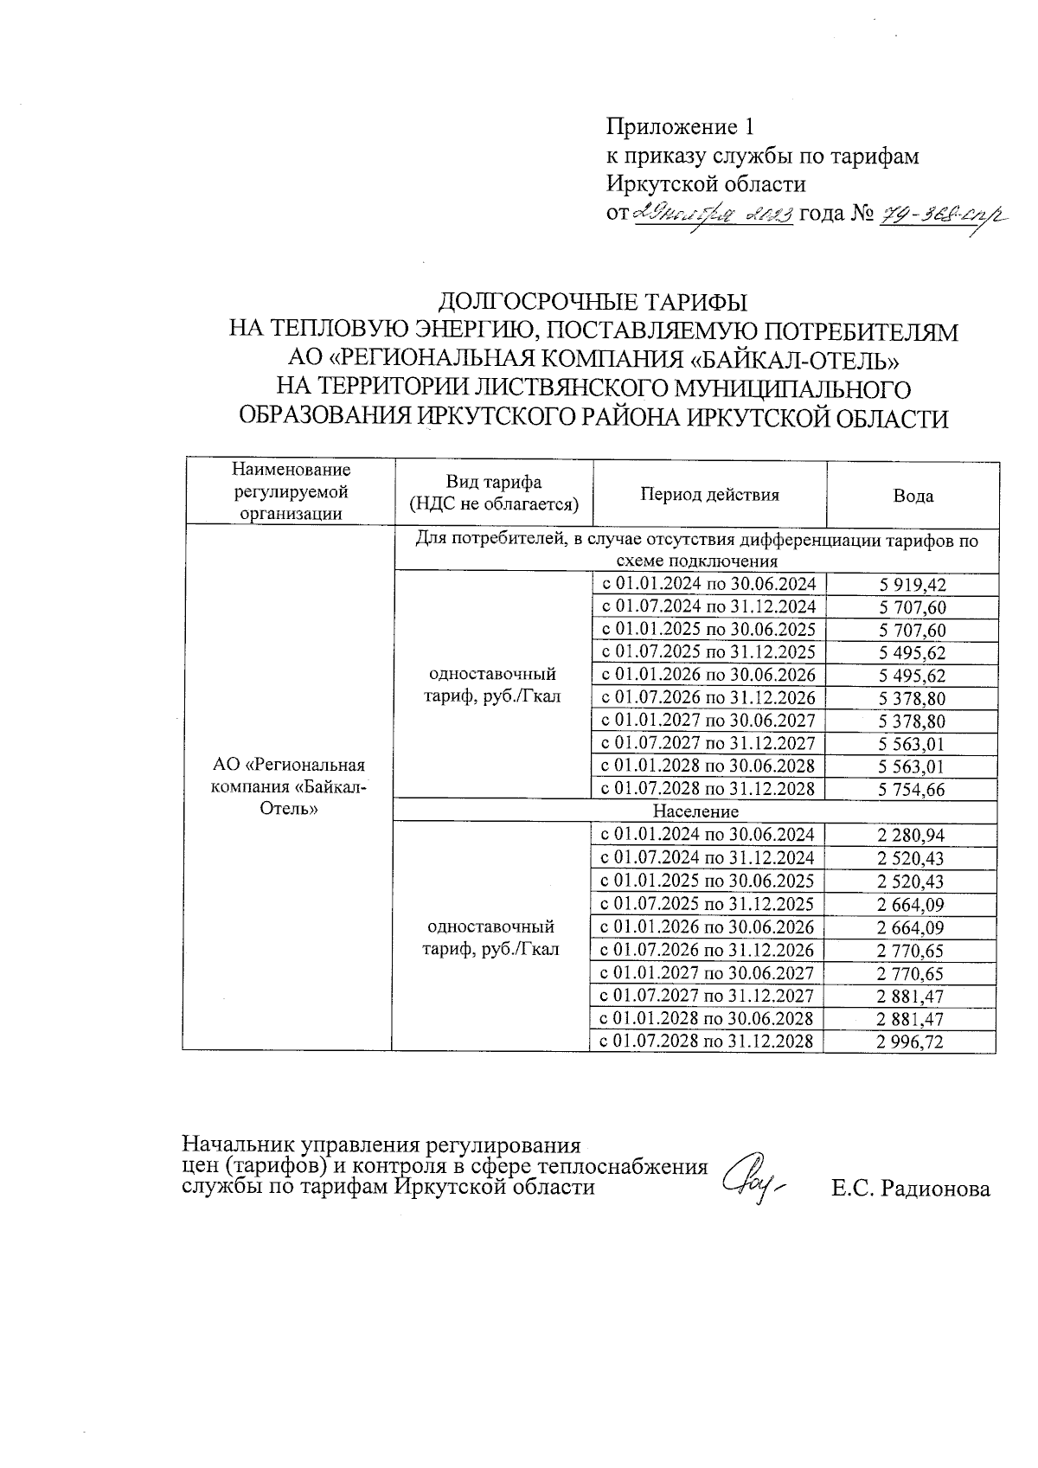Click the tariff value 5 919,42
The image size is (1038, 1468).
pyautogui.click(x=912, y=585)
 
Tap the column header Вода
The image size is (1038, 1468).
pyautogui.click(x=913, y=496)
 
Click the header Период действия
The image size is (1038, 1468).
pyautogui.click(x=709, y=495)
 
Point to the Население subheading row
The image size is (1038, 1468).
pyautogui.click(x=695, y=811)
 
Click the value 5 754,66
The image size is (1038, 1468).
pyautogui.click(x=912, y=789)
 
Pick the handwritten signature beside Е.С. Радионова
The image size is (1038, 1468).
pyautogui.click(x=753, y=1177)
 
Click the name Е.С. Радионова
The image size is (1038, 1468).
pyautogui.click(x=911, y=1189)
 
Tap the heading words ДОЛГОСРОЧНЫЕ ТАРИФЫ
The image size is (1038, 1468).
pyautogui.click(x=593, y=303)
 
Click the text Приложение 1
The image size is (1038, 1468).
pyautogui.click(x=680, y=127)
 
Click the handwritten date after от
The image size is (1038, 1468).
pyautogui.click(x=714, y=215)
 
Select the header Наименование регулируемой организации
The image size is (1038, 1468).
pyautogui.click(x=291, y=491)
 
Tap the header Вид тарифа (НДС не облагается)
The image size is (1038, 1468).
pyautogui.click(x=494, y=493)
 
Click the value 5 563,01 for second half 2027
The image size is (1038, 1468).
pyautogui.click(x=912, y=744)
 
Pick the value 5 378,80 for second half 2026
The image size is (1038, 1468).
pyautogui.click(x=912, y=699)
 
